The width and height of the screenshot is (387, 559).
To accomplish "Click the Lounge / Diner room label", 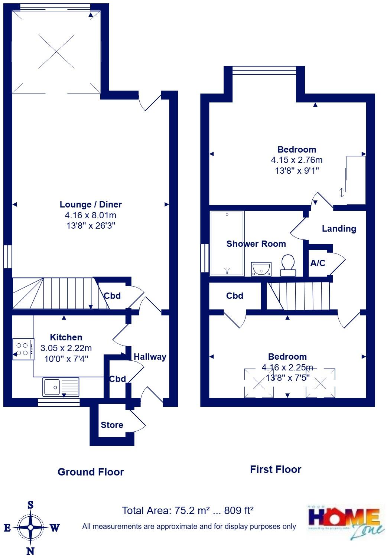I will pos(91,205).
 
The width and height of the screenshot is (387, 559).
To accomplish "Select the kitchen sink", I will pos(61,387).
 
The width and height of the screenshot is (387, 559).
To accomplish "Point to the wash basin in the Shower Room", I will pos(261,269).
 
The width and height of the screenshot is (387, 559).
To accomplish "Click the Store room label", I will pos(112,425).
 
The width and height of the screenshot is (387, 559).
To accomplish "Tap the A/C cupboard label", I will pos(318,263).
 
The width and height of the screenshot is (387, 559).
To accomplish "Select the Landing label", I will pos(339,229).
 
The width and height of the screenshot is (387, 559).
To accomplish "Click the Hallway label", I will pos(150,357).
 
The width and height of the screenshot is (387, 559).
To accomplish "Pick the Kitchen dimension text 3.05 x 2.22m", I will pos(66,348).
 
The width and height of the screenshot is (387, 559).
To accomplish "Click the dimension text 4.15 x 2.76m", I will pos(296,160).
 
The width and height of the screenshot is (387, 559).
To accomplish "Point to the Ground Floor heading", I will pos(91,472).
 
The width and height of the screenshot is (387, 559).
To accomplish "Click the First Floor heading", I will pos(275,470).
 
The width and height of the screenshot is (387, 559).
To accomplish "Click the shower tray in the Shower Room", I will pos(227,243).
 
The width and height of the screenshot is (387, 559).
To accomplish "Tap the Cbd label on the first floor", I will pos(235,296).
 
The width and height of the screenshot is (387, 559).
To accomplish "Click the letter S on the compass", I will pos(30,505).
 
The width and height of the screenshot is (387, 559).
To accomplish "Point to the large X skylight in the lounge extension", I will pos(56,52).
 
